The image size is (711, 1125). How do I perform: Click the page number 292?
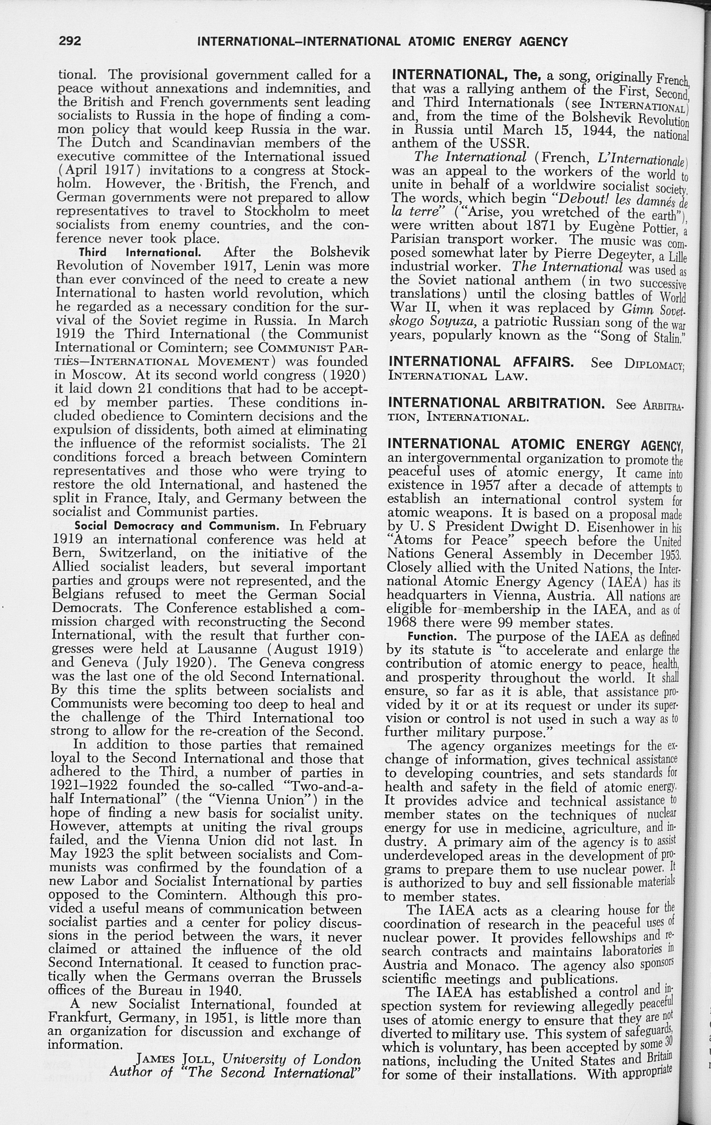coord(70,41)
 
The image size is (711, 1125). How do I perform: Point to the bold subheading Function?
coord(432,637)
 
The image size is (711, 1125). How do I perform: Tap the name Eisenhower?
coord(619,527)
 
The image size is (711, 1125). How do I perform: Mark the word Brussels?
coord(333,978)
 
